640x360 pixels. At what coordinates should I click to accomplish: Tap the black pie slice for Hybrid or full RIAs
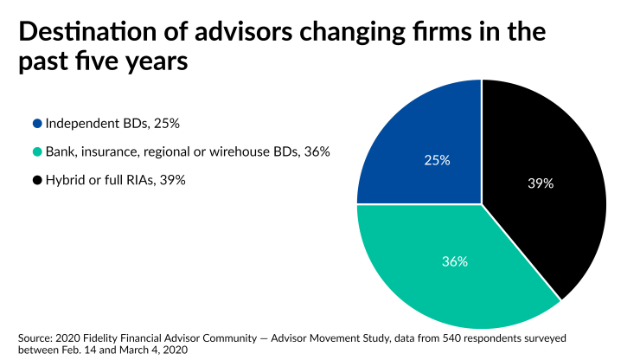(x=545, y=173)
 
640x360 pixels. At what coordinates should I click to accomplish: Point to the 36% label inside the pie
(x=455, y=260)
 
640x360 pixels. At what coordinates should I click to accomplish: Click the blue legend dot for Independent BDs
(x=36, y=124)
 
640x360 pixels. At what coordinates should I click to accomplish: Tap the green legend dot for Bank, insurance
(x=36, y=151)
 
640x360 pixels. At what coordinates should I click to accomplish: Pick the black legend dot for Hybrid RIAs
(x=36, y=179)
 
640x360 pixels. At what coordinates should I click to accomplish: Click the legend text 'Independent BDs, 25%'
(x=112, y=124)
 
